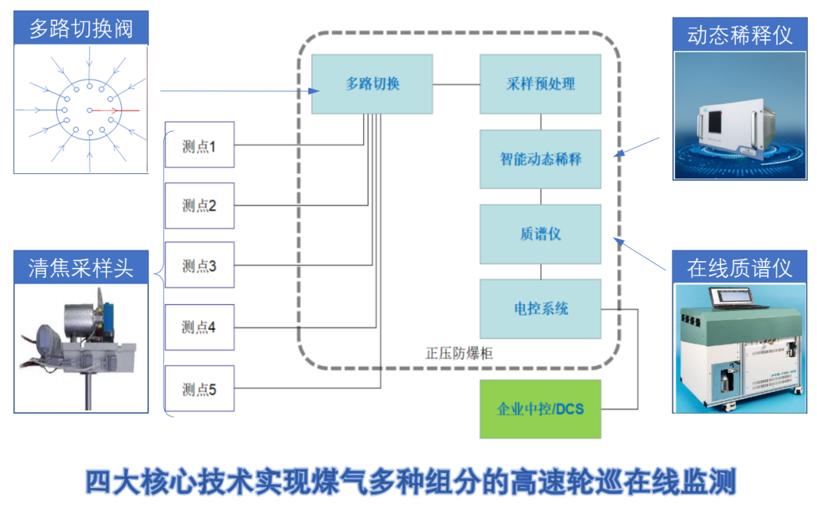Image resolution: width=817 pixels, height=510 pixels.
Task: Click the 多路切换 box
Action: coord(372,84)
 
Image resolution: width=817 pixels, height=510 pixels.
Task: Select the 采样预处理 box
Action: coord(540,84)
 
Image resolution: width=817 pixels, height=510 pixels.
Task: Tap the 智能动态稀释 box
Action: coord(540,159)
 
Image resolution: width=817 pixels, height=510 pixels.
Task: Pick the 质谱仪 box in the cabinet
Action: coord(540,234)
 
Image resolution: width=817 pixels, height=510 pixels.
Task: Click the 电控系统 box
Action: coord(540,309)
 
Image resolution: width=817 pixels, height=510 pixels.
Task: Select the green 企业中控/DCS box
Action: coord(540,409)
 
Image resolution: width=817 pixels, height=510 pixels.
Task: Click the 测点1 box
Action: coord(200,145)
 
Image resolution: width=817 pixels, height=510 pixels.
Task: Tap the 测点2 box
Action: coord(200,206)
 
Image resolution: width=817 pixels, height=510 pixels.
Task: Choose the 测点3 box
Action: coord(200,266)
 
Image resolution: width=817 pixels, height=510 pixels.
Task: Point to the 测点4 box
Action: coord(200,327)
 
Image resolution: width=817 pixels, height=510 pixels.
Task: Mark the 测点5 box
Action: coord(200,389)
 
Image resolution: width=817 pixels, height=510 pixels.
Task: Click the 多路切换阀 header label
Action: coord(81,30)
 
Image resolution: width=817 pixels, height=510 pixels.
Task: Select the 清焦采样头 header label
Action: coord(81,268)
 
